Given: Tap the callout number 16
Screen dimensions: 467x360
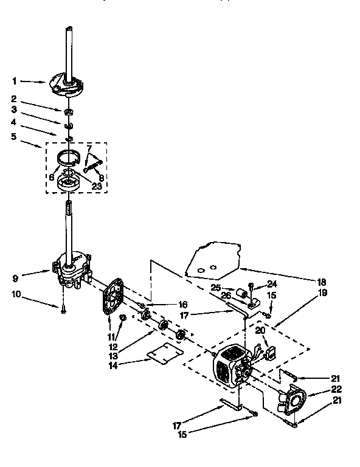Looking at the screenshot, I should (164, 305).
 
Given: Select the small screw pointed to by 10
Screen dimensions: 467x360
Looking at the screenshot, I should (63, 310).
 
